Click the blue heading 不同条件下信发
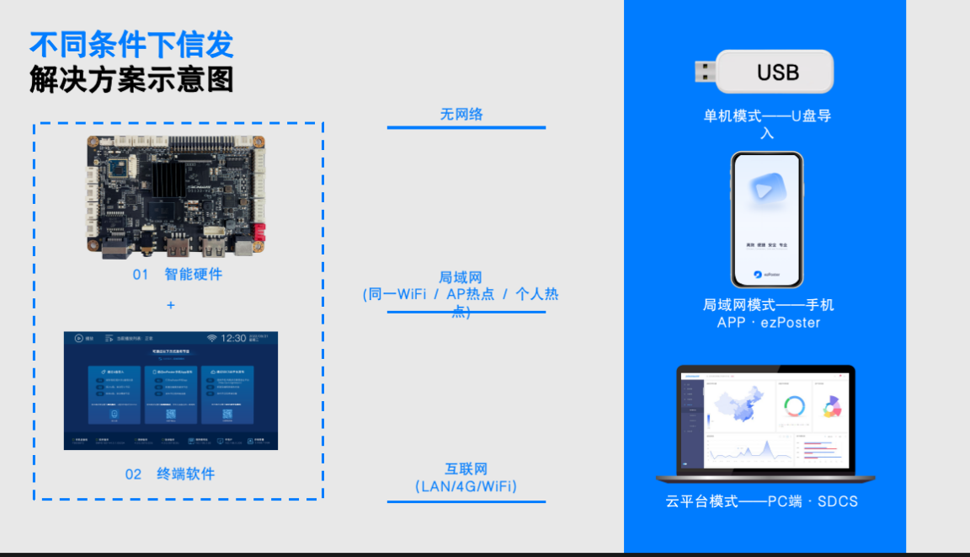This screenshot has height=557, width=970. click(x=131, y=45)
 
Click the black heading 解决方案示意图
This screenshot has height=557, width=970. click(x=131, y=80)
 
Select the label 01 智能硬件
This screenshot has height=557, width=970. click(x=178, y=275)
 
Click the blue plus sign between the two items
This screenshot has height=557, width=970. click(x=171, y=305)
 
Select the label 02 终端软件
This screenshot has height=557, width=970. click(x=170, y=474)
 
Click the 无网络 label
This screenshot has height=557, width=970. click(x=461, y=115)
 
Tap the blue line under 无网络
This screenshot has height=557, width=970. click(x=466, y=128)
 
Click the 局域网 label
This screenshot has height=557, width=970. click(x=460, y=278)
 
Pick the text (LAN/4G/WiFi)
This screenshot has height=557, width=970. click(x=466, y=487)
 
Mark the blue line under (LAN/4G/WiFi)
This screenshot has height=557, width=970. click(x=466, y=501)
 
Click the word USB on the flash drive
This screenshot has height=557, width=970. click(x=777, y=72)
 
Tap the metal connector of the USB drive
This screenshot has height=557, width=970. click(x=705, y=72)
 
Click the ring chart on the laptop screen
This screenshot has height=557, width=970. click(x=793, y=407)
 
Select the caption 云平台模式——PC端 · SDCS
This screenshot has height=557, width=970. click(x=761, y=501)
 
